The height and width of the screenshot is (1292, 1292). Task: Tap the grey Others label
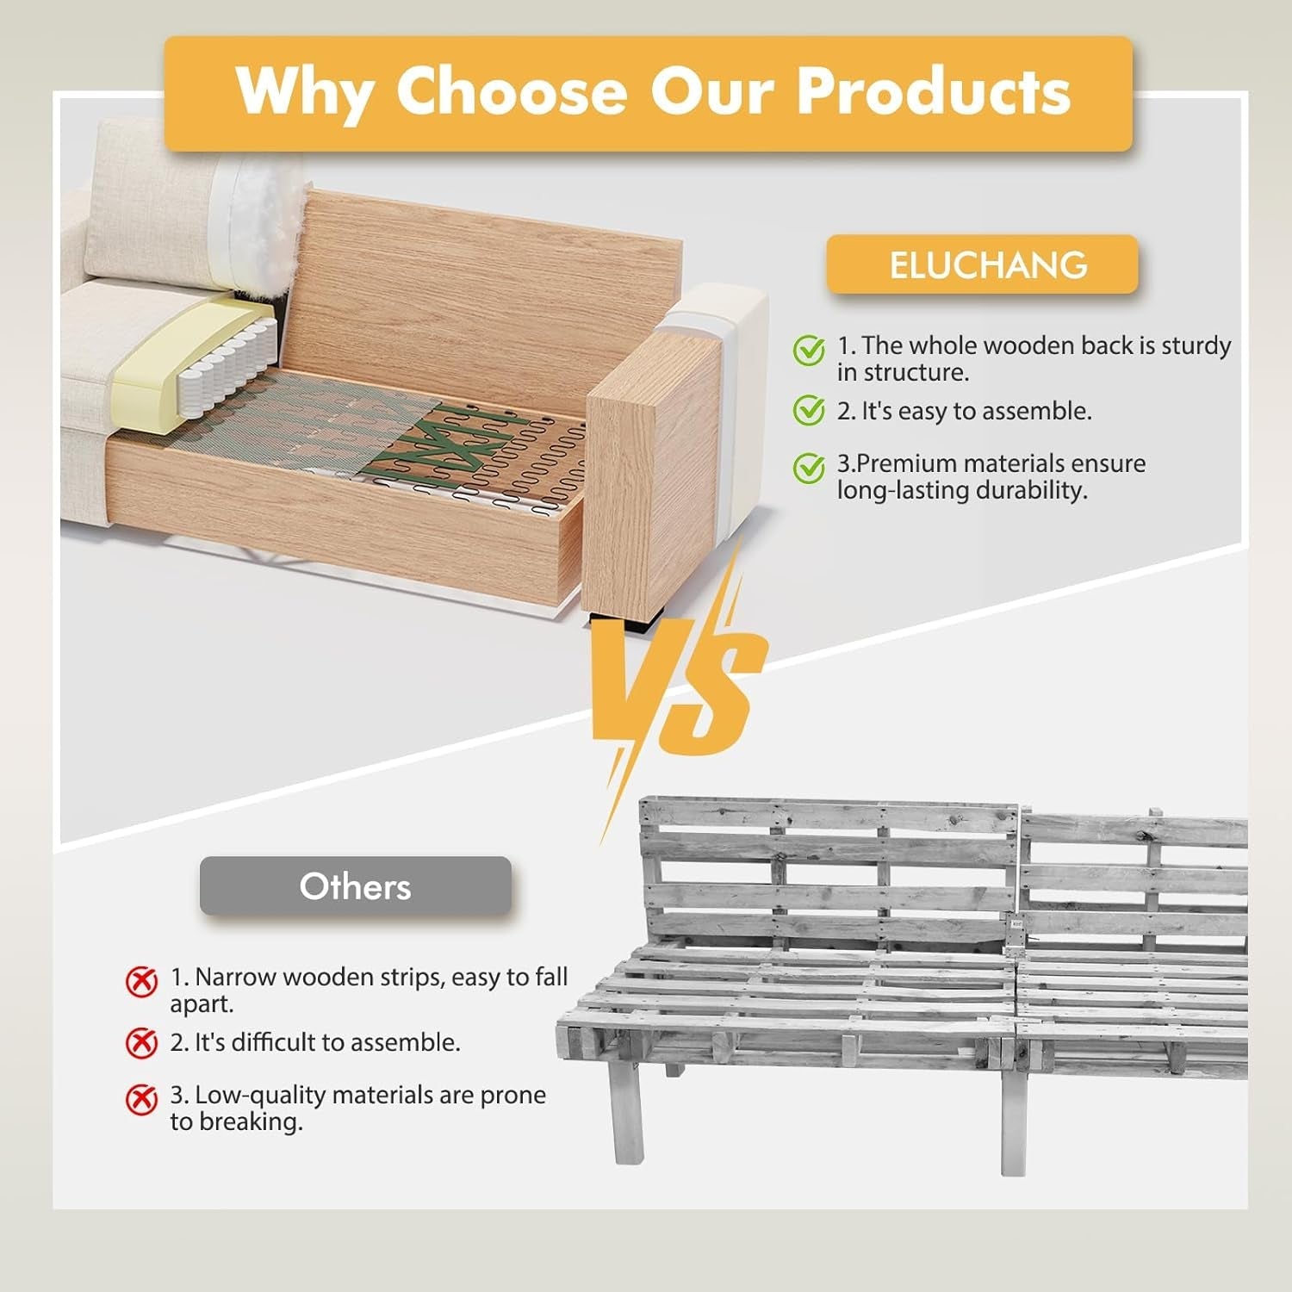355,886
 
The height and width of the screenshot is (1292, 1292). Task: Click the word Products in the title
934,90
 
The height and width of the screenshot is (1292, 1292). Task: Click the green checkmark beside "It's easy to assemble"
809,411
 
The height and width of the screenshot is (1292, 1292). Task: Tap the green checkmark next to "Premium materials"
809,468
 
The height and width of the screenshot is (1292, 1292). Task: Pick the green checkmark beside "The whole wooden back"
809,350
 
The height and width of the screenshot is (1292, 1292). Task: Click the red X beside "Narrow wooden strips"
142,981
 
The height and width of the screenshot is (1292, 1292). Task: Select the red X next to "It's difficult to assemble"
142,1043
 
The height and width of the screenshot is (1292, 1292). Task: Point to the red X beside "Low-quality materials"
142,1099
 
